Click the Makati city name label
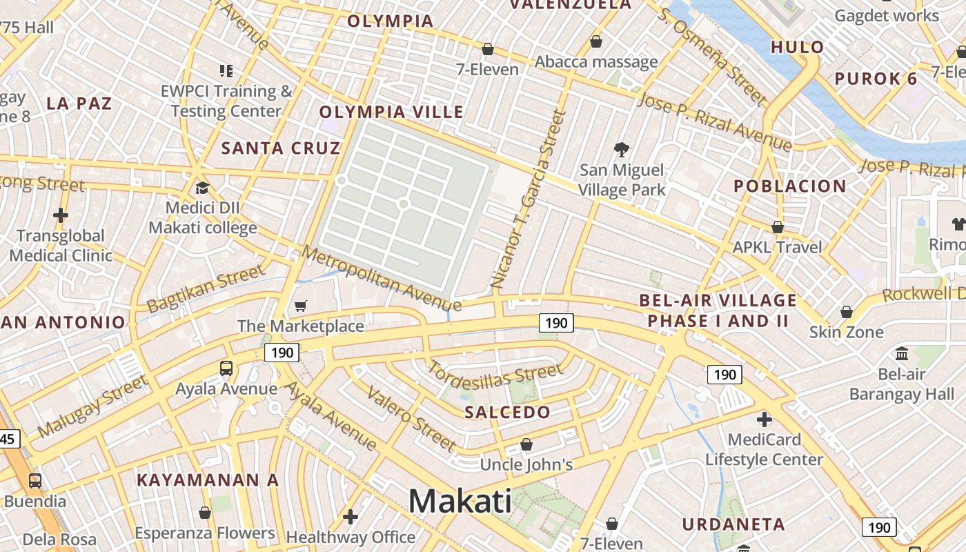tap(460, 501)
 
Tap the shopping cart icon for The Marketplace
tap(300, 306)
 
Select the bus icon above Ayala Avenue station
tap(226, 368)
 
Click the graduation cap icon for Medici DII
tap(202, 188)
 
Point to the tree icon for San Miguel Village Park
tap(622, 149)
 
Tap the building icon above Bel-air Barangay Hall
tap(901, 354)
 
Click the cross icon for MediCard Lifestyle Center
tap(764, 419)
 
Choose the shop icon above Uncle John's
tap(526, 444)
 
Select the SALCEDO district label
tap(507, 413)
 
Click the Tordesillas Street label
tap(495, 373)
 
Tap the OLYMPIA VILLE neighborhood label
tap(391, 112)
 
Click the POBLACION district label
tap(789, 186)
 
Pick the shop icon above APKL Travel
tap(778, 227)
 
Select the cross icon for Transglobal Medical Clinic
tap(61, 215)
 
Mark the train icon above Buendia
tap(34, 480)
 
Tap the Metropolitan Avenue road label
tap(381, 278)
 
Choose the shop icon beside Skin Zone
tap(847, 312)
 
